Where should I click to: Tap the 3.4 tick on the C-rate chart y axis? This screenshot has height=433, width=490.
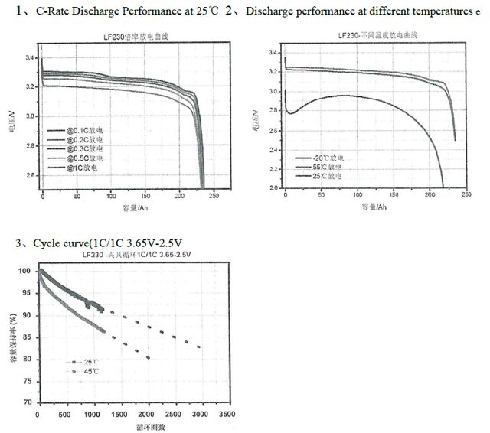[x=30, y=58]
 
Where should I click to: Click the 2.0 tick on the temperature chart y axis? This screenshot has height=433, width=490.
[x=273, y=187]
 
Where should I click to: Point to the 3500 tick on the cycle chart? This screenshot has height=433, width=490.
[x=226, y=415]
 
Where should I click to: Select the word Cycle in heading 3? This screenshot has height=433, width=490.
[x=47, y=243]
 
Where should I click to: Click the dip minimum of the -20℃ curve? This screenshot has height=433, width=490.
[x=290, y=113]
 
